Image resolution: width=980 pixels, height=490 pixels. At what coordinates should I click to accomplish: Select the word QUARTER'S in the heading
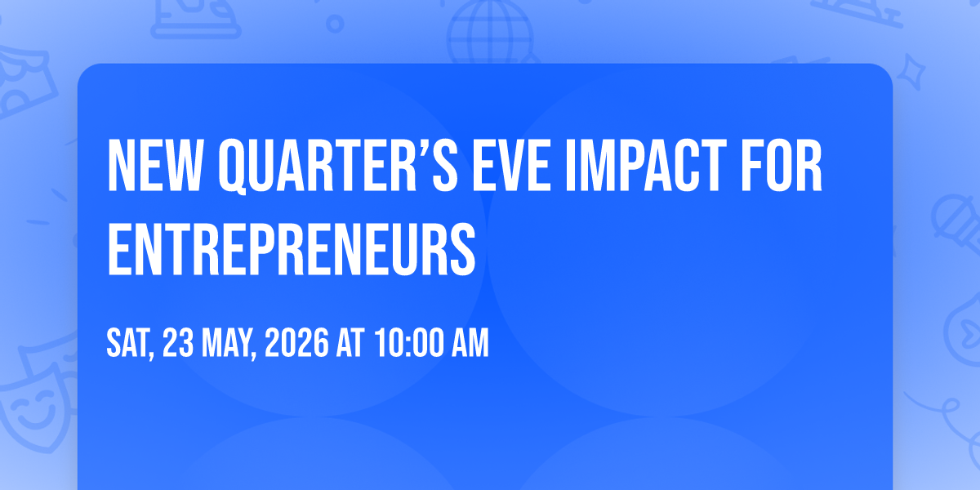[x=338, y=167]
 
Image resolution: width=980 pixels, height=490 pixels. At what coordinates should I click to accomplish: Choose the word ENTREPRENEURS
[x=292, y=249]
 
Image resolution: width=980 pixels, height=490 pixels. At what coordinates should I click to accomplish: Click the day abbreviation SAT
[x=131, y=344]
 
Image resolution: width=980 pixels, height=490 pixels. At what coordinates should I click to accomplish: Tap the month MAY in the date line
[x=229, y=344]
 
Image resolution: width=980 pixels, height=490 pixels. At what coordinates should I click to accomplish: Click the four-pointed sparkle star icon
[x=911, y=72]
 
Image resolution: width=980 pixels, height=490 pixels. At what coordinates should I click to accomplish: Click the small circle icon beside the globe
[x=335, y=24]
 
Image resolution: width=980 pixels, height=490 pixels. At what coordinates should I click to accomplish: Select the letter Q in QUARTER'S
[x=232, y=167]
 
